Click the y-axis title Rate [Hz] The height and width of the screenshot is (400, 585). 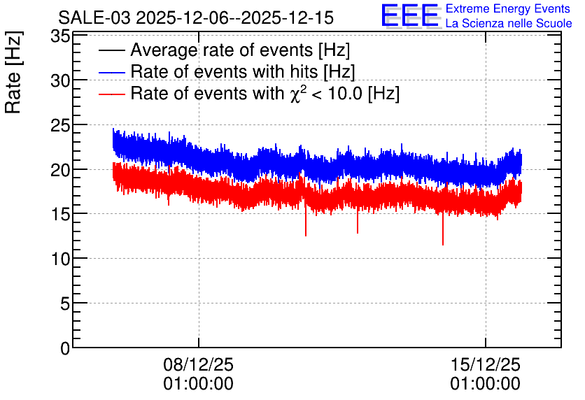click(x=13, y=72)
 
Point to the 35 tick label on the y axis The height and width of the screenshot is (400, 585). click(x=60, y=36)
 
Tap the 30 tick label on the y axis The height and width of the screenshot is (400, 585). click(x=60, y=80)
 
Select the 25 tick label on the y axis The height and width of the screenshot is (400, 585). click(x=60, y=125)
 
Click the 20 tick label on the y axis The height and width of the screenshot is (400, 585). click(x=60, y=170)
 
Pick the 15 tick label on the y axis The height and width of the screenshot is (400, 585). click(x=60, y=214)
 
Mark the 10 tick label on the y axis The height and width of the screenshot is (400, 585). click(x=60, y=259)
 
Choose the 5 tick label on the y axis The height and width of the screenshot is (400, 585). click(x=65, y=303)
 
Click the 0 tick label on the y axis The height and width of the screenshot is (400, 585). click(x=65, y=348)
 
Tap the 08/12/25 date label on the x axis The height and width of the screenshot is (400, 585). click(x=199, y=364)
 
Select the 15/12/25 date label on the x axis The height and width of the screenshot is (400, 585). click(x=486, y=364)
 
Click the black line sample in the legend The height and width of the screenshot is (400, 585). click(x=112, y=50)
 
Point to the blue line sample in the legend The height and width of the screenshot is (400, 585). click(x=112, y=72)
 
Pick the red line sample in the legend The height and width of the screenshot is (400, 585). click(x=112, y=94)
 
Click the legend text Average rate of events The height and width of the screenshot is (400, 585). click(x=222, y=50)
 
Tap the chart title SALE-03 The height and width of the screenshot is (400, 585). click(x=94, y=18)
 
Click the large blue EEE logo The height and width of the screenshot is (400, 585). click(x=410, y=15)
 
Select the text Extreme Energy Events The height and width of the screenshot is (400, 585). click(x=508, y=8)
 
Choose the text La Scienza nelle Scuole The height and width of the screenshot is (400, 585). click(x=509, y=24)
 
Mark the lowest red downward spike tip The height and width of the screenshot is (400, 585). click(x=443, y=245)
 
